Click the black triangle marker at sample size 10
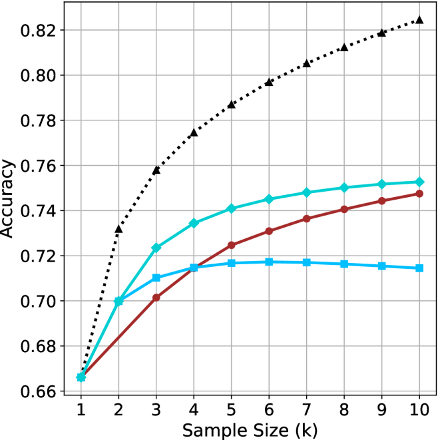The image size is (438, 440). click(x=419, y=19)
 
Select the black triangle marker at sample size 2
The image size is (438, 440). click(x=118, y=229)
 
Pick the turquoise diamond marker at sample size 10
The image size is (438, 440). click(x=419, y=182)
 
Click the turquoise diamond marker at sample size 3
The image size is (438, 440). click(x=156, y=248)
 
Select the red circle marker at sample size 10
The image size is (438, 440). click(x=419, y=194)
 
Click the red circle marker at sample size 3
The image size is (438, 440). click(x=156, y=298)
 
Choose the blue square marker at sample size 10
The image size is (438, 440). click(x=419, y=268)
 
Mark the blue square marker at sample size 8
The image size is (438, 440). click(x=344, y=264)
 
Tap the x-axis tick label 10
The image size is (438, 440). click(x=419, y=407)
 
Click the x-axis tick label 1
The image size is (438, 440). click(x=81, y=407)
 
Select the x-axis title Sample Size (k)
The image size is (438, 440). click(x=250, y=428)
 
